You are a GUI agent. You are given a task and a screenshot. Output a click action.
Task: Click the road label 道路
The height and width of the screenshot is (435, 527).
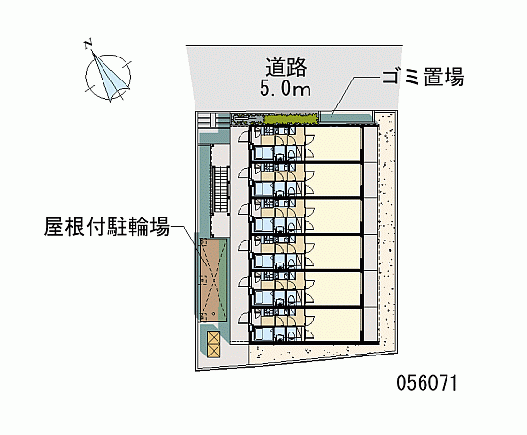click(286, 67)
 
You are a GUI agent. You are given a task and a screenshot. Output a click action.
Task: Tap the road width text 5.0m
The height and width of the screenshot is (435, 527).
click(286, 88)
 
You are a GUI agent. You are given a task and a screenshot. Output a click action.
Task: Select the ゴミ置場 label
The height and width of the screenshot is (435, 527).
click(424, 78)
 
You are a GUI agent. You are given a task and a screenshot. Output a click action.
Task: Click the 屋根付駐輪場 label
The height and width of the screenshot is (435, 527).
click(106, 226)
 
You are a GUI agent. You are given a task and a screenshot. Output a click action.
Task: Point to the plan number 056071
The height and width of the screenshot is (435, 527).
click(426, 382)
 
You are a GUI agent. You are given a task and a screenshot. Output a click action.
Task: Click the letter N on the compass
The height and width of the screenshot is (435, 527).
click(89, 44)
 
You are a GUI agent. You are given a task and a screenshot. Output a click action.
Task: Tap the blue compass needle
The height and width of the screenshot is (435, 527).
click(108, 75)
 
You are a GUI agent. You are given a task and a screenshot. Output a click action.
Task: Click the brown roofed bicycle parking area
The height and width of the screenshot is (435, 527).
click(214, 280)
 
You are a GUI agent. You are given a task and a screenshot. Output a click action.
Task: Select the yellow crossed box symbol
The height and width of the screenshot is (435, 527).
click(214, 344)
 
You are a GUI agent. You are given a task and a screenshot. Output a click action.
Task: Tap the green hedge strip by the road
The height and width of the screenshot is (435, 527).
click(291, 119)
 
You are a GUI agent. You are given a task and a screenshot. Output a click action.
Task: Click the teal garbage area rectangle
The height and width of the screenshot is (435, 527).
click(346, 118)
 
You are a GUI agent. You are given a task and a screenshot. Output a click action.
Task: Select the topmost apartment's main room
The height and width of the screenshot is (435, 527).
click(333, 145)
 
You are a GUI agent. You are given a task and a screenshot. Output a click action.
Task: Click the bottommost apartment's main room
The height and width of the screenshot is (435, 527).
click(333, 325)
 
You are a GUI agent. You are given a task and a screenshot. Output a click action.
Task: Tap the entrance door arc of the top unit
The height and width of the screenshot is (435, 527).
click(243, 137)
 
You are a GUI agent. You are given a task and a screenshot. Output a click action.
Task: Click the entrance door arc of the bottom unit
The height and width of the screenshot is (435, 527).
click(243, 317)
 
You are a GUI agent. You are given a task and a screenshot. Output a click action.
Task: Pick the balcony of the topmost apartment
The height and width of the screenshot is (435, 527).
click(371, 145)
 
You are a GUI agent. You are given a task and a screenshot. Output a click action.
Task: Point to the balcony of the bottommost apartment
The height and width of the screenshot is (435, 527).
click(371, 325)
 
